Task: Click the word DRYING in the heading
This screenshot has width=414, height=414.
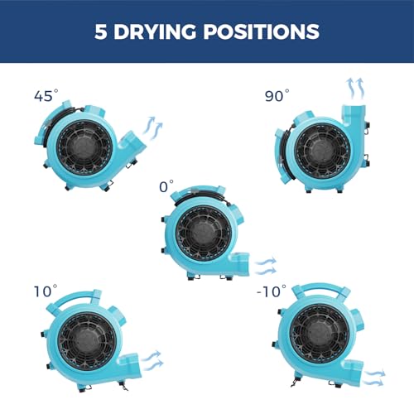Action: [155, 31]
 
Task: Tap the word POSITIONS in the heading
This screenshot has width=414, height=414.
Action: [262, 31]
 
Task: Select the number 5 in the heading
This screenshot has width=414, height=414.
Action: [101, 31]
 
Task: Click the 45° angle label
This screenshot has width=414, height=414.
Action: [46, 95]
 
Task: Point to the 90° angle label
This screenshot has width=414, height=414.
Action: [277, 95]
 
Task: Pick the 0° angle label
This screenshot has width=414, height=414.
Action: [166, 186]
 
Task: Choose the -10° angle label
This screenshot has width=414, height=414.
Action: [272, 291]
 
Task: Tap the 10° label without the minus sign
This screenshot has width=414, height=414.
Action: [46, 291]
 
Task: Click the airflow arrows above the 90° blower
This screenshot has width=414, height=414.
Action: [355, 89]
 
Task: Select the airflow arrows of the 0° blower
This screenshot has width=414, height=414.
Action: [266, 266]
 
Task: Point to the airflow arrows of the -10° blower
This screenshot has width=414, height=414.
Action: [374, 378]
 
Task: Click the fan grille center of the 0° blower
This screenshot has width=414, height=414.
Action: [204, 233]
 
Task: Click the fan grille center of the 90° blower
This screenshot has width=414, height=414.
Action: [322, 151]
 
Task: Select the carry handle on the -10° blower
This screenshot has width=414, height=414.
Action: [320, 291]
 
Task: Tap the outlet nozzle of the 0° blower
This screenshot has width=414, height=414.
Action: [239, 263]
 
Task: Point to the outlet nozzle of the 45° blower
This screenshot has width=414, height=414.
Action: [132, 143]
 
